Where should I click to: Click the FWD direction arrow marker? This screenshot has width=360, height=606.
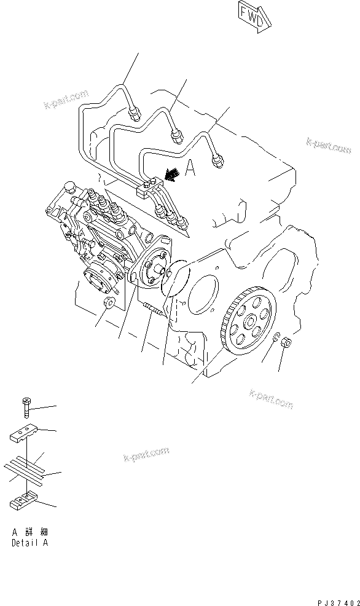[x=253, y=15]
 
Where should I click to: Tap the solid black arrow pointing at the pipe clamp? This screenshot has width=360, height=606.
[x=173, y=175]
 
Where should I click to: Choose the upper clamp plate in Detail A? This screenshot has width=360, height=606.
[x=25, y=434]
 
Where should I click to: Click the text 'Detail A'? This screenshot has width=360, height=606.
[x=30, y=543]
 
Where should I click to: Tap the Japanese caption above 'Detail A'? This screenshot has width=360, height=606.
[x=30, y=532]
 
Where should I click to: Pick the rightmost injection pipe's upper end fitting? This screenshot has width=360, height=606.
[x=216, y=162]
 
